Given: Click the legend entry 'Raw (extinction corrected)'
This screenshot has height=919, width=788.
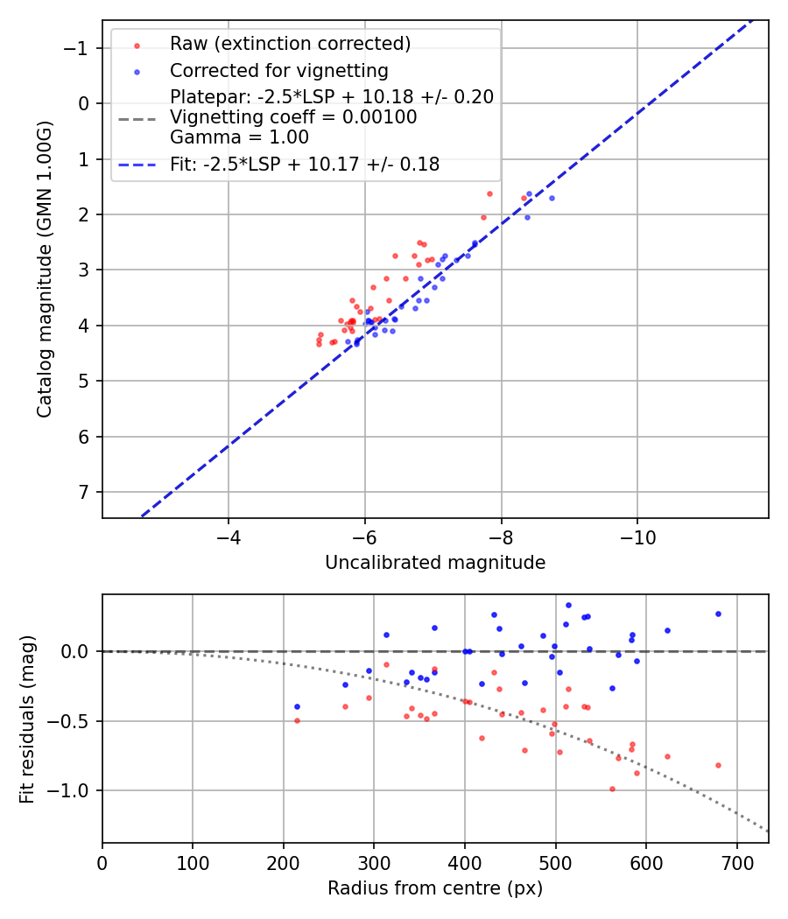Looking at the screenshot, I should (x=290, y=44).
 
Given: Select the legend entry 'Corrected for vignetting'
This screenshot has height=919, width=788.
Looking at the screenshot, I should (x=278, y=70).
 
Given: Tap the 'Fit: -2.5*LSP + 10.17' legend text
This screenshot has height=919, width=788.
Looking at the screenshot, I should (x=305, y=164).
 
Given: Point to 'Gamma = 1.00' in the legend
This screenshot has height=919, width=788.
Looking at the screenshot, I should (x=239, y=137).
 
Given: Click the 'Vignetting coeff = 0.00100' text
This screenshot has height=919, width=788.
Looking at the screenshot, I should (x=293, y=116).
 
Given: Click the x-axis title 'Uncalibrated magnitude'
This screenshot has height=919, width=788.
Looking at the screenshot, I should (x=435, y=563).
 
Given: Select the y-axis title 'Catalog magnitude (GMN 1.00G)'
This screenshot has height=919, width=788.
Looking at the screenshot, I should (x=45, y=269).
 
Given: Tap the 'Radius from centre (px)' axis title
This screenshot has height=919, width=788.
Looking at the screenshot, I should (x=435, y=888).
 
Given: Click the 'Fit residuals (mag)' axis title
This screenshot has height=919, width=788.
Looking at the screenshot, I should (x=27, y=719).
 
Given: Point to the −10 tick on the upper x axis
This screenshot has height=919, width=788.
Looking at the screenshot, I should (x=637, y=535).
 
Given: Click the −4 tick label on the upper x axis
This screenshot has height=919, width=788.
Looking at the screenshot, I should (x=229, y=535).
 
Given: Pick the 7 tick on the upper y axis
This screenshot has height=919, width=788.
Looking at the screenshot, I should (x=83, y=492).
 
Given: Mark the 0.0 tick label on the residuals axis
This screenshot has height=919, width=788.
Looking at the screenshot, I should (x=77, y=651).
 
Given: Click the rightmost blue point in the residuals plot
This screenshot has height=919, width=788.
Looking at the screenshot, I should (x=718, y=614).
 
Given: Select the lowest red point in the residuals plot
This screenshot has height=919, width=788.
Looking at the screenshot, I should (x=612, y=789).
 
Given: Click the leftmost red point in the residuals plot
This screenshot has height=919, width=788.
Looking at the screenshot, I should (x=297, y=720).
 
